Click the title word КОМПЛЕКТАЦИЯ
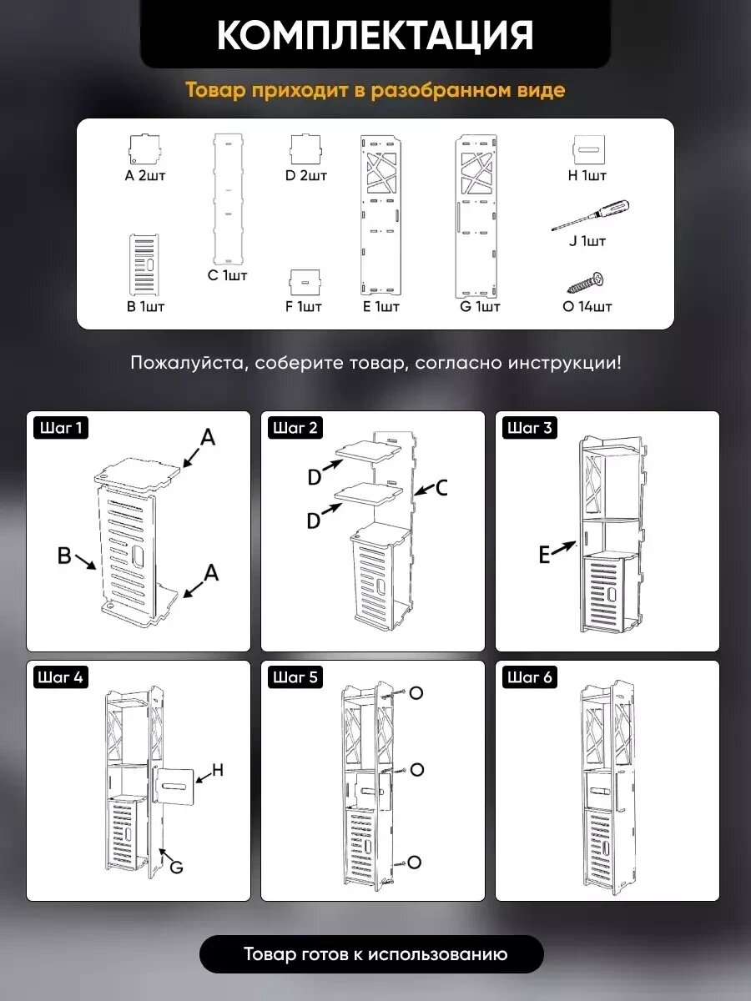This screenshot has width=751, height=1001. [375, 35]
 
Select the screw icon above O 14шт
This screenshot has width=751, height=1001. [586, 283]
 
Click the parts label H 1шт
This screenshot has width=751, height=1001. [587, 175]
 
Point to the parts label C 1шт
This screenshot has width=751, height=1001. [227, 275]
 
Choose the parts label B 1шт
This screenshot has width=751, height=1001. [145, 306]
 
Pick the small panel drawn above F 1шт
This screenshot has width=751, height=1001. [305, 283]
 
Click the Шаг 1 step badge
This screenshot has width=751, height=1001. [61, 428]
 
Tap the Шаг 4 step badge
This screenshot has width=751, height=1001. [61, 677]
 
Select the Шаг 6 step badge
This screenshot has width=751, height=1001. [529, 677]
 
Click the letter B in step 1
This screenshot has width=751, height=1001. [64, 556]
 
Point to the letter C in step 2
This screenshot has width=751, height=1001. [442, 487]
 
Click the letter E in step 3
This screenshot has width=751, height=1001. [544, 556]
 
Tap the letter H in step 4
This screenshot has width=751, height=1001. [218, 770]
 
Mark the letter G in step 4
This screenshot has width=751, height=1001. [176, 867]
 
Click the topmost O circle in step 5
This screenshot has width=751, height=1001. [416, 693]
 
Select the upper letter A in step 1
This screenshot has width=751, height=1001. [208, 438]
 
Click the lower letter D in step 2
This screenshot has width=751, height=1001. [314, 521]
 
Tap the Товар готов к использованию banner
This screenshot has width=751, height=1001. [371, 954]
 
